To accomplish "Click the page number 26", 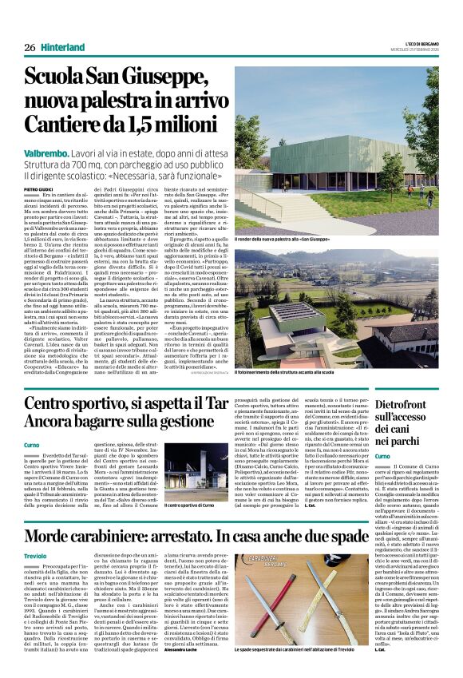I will tap(30, 47).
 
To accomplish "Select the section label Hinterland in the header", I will tap(63, 47).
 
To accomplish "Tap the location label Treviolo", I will tap(36, 555).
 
